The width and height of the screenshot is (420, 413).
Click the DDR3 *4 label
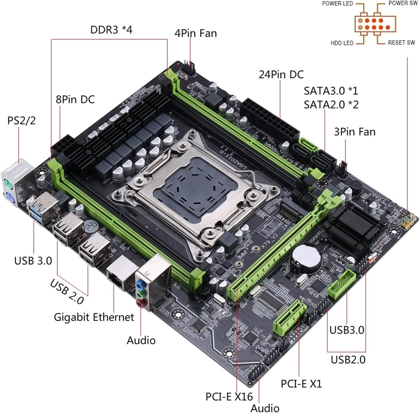click(111, 30)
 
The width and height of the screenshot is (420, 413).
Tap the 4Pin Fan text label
click(196, 33)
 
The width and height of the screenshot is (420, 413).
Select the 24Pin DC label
click(281, 75)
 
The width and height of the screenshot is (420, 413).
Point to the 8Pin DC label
click(75, 99)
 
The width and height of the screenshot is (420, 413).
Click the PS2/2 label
click(21, 121)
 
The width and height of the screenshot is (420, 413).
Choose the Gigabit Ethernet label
click(94, 317)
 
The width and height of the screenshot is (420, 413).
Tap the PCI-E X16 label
click(229, 397)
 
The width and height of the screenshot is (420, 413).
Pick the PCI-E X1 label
click(301, 383)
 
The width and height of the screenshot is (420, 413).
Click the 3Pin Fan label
click(355, 132)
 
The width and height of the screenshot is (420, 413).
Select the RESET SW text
click(401, 43)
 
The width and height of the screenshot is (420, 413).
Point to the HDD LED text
click(342, 43)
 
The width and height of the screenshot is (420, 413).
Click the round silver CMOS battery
click(306, 258)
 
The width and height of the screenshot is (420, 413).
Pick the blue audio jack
click(140, 285)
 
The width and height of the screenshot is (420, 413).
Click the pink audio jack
click(140, 304)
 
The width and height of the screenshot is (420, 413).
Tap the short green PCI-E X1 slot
click(290, 318)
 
